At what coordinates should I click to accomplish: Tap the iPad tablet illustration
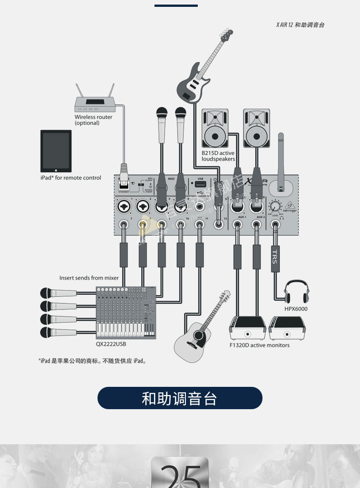[56, 150]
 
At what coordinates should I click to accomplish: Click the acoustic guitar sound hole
[198, 336]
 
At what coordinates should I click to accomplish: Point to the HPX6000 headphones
[296, 292]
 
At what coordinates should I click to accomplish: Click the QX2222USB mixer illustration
[126, 313]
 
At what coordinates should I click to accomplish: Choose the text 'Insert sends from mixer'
[89, 278]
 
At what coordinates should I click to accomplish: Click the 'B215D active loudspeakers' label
[218, 156]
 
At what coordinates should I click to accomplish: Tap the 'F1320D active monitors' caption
[259, 345]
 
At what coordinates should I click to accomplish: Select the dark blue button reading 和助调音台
[180, 398]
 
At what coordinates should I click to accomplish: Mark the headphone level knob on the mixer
[275, 205]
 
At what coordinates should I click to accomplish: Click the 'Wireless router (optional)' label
[93, 120]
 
